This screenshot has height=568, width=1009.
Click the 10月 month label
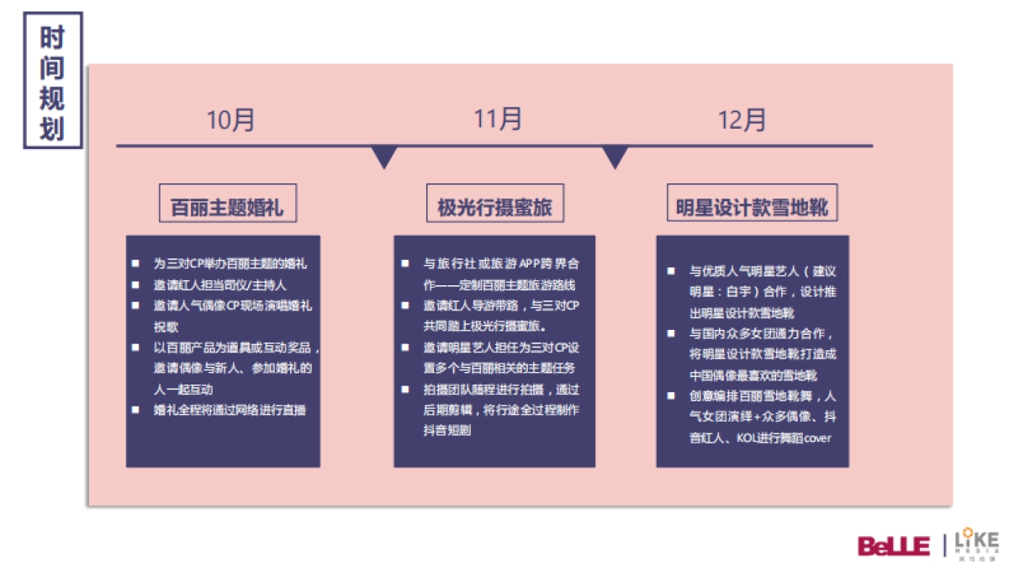point(231,120)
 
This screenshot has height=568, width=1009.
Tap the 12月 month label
point(742,120)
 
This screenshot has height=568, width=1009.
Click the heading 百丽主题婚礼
point(227,207)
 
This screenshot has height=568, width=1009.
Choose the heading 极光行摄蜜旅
point(494,207)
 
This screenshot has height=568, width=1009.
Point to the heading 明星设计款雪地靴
point(752,207)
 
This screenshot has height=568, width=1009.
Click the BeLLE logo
point(893,544)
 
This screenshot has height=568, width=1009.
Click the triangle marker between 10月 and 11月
point(384,157)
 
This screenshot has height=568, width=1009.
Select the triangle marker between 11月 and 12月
point(615,157)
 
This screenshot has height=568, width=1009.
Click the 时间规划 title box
point(52,80)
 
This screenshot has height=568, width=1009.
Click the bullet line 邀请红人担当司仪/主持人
point(219,285)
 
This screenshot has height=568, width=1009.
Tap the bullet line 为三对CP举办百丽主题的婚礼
point(230,264)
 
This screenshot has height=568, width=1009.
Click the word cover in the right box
point(818,438)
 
